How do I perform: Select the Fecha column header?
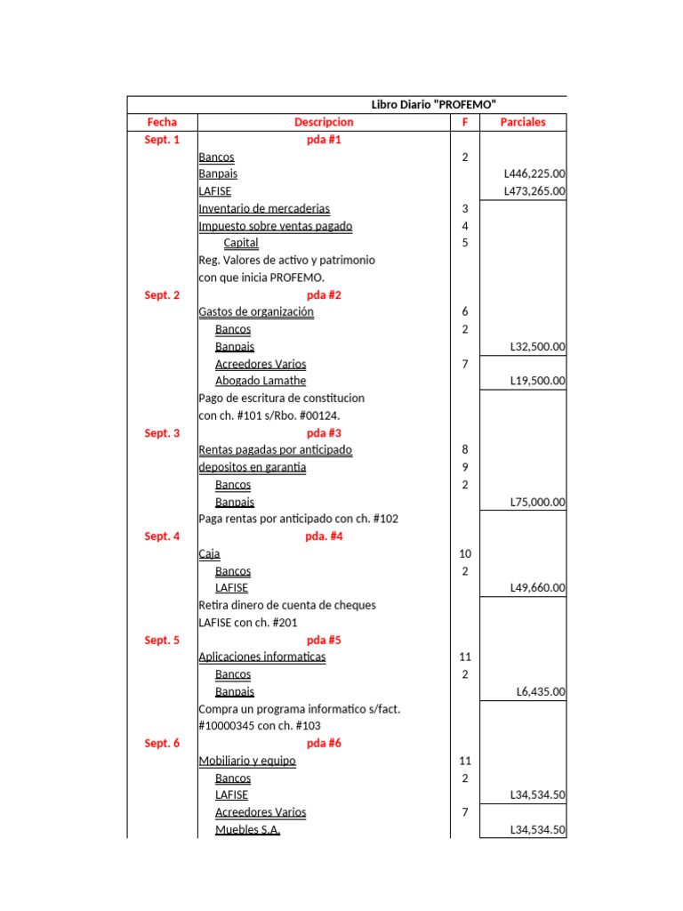(x=162, y=122)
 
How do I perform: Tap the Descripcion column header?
(x=324, y=122)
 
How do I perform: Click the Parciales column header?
(x=523, y=122)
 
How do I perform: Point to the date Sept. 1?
(x=162, y=140)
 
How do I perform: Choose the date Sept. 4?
(x=162, y=536)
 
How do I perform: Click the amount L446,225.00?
(x=534, y=174)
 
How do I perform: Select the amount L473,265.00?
(x=534, y=191)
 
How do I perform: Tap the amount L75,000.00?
(x=537, y=503)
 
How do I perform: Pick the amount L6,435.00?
(x=541, y=692)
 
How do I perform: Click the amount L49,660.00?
(x=537, y=588)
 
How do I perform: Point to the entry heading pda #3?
(x=324, y=433)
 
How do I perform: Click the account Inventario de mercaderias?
(x=264, y=209)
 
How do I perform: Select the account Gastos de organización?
(x=256, y=312)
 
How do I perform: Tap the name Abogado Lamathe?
(x=261, y=381)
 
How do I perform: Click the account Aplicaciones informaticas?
(x=262, y=657)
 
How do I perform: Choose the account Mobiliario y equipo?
(x=247, y=762)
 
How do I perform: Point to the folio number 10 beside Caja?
(x=464, y=554)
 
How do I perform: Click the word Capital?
(x=241, y=243)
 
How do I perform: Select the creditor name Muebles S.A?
(x=248, y=830)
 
